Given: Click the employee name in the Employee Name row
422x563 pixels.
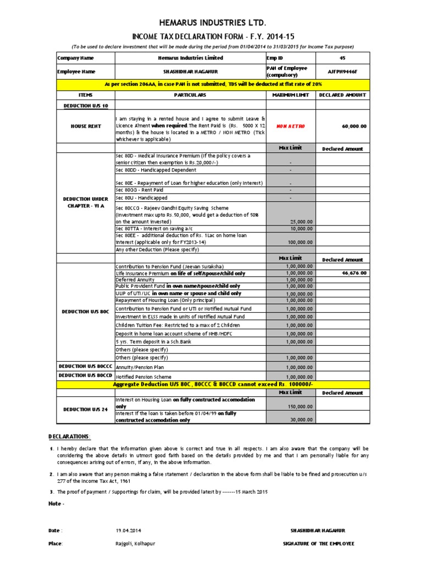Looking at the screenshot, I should click(190, 71).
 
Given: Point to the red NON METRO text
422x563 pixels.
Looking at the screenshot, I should click(291, 126).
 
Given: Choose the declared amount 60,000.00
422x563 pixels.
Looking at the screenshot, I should click(354, 126).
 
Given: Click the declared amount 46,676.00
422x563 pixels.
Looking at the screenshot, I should click(354, 273).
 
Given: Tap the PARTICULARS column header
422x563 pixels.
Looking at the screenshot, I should click(190, 95).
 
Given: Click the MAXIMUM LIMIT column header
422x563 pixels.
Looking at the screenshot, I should click(291, 95).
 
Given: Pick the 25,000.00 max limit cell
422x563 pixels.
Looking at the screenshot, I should click(301, 221).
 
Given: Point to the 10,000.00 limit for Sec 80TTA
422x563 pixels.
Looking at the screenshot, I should click(301, 228).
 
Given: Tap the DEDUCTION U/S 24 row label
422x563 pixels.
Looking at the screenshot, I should click(85, 410).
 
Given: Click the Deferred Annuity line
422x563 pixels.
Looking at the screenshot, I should click(136, 279).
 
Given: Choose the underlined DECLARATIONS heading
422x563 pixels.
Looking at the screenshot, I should click(69, 436).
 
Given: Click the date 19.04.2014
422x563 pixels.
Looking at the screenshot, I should click(129, 531).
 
